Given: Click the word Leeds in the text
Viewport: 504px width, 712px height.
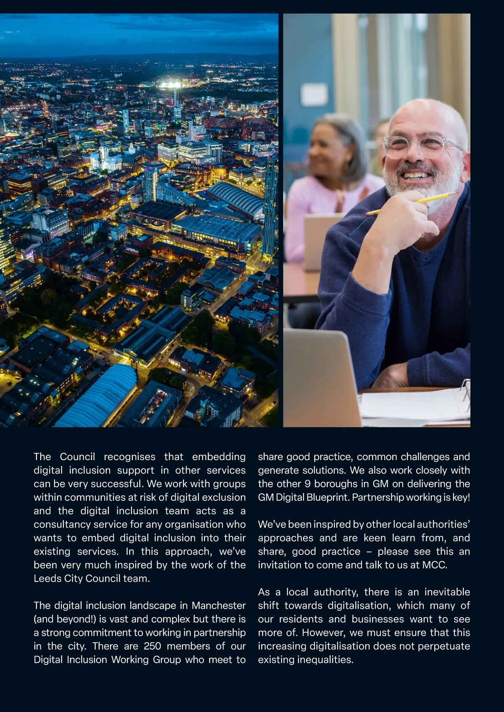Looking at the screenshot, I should [46, 578].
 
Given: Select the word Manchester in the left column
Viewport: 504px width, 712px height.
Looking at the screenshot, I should [218, 605].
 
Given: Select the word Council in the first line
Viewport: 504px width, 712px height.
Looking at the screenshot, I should [77, 456].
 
